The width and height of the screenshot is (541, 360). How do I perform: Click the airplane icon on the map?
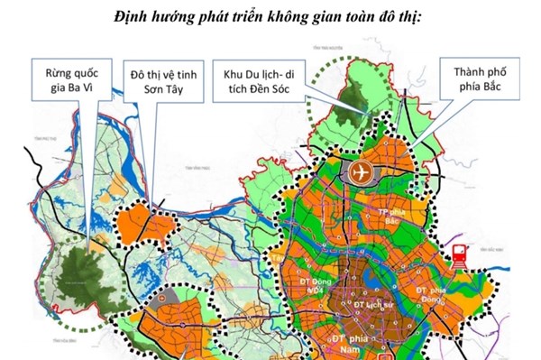click(362, 172)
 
